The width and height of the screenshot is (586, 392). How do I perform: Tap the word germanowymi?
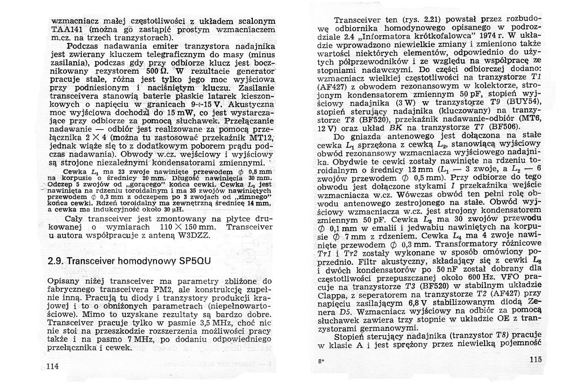tap(375, 327)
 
